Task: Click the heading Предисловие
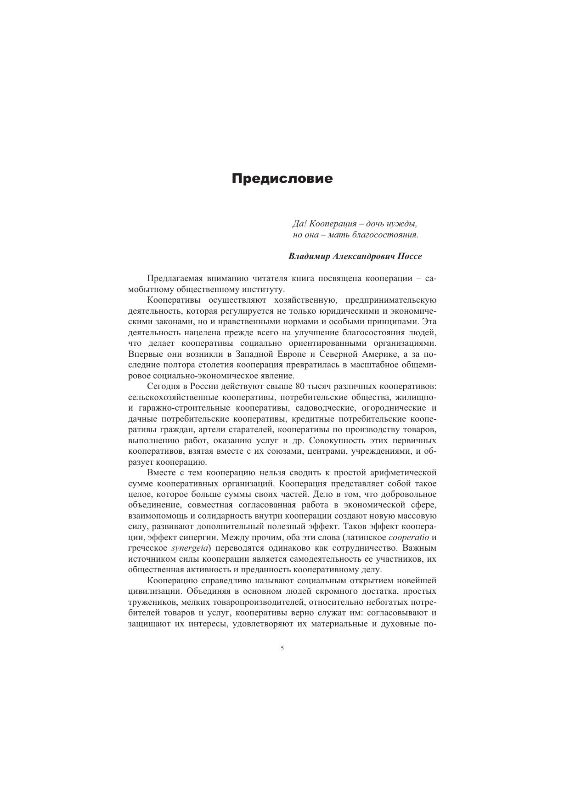click(x=282, y=178)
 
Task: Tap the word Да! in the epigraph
click(x=299, y=224)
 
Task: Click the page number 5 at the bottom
click(x=282, y=648)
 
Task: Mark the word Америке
click(x=378, y=354)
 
